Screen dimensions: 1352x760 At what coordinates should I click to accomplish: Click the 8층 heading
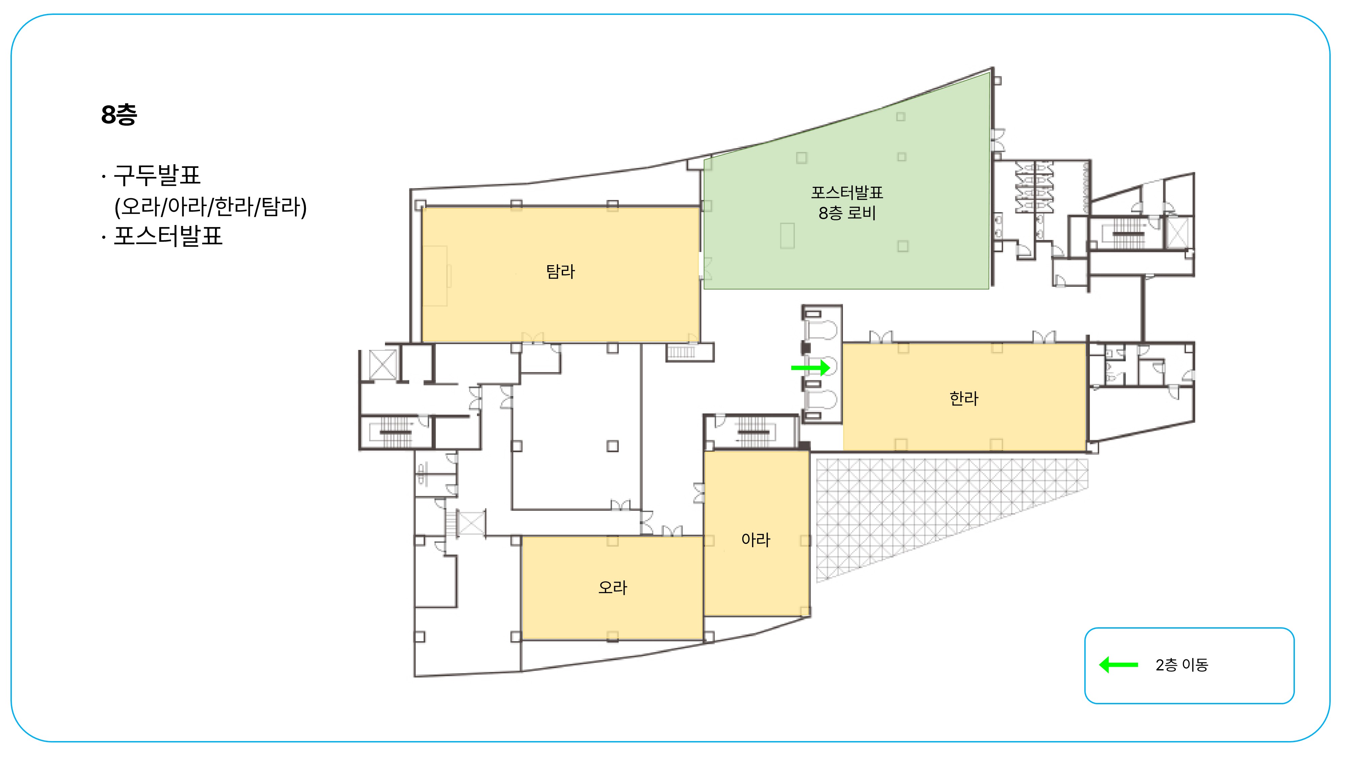click(x=119, y=115)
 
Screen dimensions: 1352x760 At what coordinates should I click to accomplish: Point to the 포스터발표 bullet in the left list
click(x=168, y=235)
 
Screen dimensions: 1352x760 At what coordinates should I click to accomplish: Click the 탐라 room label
click(x=560, y=271)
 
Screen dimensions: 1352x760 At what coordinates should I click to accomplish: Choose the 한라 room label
click(x=964, y=398)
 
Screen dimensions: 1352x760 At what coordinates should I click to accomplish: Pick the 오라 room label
click(x=612, y=587)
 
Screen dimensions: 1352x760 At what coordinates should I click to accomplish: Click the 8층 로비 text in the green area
click(x=847, y=213)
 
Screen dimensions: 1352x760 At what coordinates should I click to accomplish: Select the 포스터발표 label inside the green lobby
click(x=847, y=193)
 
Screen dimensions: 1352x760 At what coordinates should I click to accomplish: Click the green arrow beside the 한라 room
click(x=811, y=368)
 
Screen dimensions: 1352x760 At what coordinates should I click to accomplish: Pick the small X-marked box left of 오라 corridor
click(x=471, y=523)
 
